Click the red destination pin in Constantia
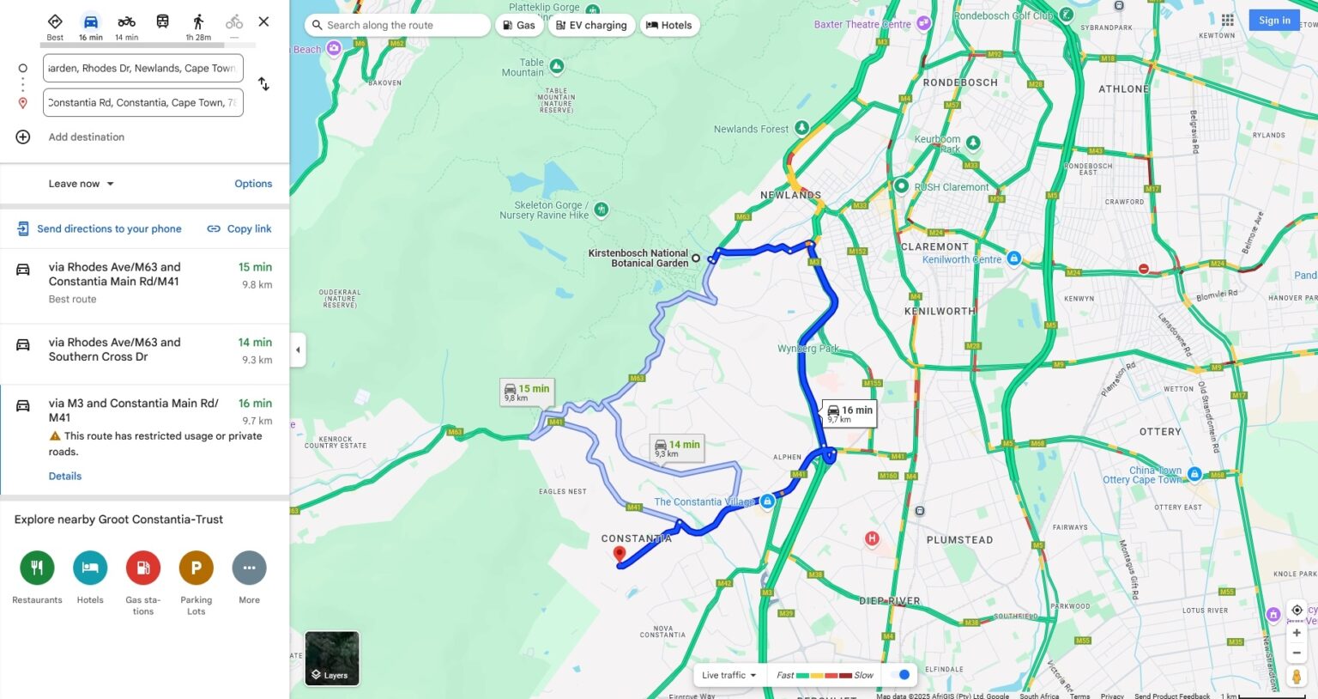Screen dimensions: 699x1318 pos(620,555)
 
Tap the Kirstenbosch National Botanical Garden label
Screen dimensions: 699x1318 pos(638,258)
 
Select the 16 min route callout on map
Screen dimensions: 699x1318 pos(849,413)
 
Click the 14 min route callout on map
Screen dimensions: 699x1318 pos(677,447)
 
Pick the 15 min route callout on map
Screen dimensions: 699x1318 pos(527,392)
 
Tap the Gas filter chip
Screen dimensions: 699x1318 pos(519,26)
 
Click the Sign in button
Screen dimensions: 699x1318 pos(1274,21)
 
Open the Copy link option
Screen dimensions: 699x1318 pos(239,229)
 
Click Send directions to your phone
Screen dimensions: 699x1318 pos(100,229)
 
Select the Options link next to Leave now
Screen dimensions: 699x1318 pos(253,184)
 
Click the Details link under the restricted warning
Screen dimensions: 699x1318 pos(65,477)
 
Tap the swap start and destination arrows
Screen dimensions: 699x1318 pos(263,84)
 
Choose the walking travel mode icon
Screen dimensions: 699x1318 pos(198,21)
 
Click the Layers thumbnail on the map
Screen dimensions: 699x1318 pos(332,659)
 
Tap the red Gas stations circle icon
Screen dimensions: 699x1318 pos(143,568)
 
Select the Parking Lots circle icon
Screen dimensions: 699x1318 pos(196,568)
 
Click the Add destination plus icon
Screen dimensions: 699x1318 pos(23,137)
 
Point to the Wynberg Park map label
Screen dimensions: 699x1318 pos(807,349)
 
